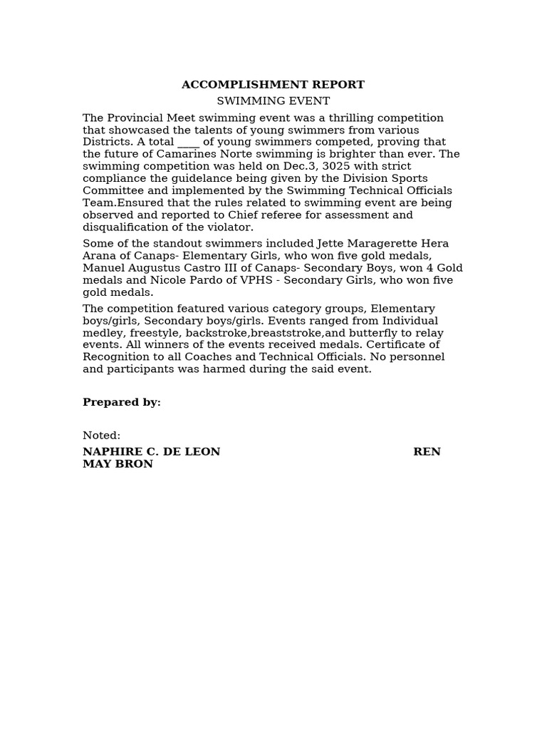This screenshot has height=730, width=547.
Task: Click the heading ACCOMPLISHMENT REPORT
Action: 273,85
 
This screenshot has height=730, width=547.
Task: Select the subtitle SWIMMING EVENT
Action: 273,101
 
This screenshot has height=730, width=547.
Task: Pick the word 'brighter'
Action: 336,154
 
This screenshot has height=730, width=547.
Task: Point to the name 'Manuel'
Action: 101,268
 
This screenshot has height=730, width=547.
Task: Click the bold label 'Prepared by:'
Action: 121,402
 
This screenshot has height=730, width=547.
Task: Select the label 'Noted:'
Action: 101,436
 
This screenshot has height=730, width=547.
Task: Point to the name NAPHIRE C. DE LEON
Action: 151,452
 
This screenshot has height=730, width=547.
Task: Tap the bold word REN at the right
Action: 427,452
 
